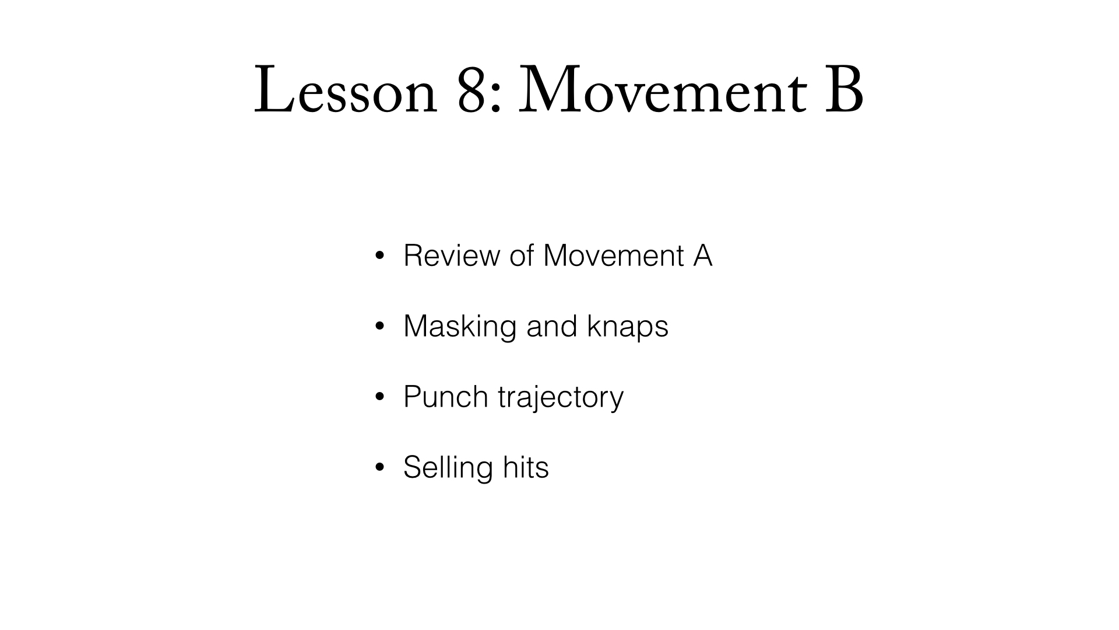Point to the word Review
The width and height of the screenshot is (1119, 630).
click(x=452, y=256)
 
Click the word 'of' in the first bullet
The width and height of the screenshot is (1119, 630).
click(x=522, y=256)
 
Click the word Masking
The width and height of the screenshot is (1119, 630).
click(x=460, y=326)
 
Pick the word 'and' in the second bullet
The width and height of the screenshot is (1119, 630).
click(x=551, y=326)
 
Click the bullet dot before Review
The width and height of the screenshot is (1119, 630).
click(x=380, y=256)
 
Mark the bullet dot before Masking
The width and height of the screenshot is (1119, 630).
click(x=380, y=326)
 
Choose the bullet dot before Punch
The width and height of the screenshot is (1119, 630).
click(x=380, y=397)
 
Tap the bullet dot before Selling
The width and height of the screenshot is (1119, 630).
click(x=380, y=467)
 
